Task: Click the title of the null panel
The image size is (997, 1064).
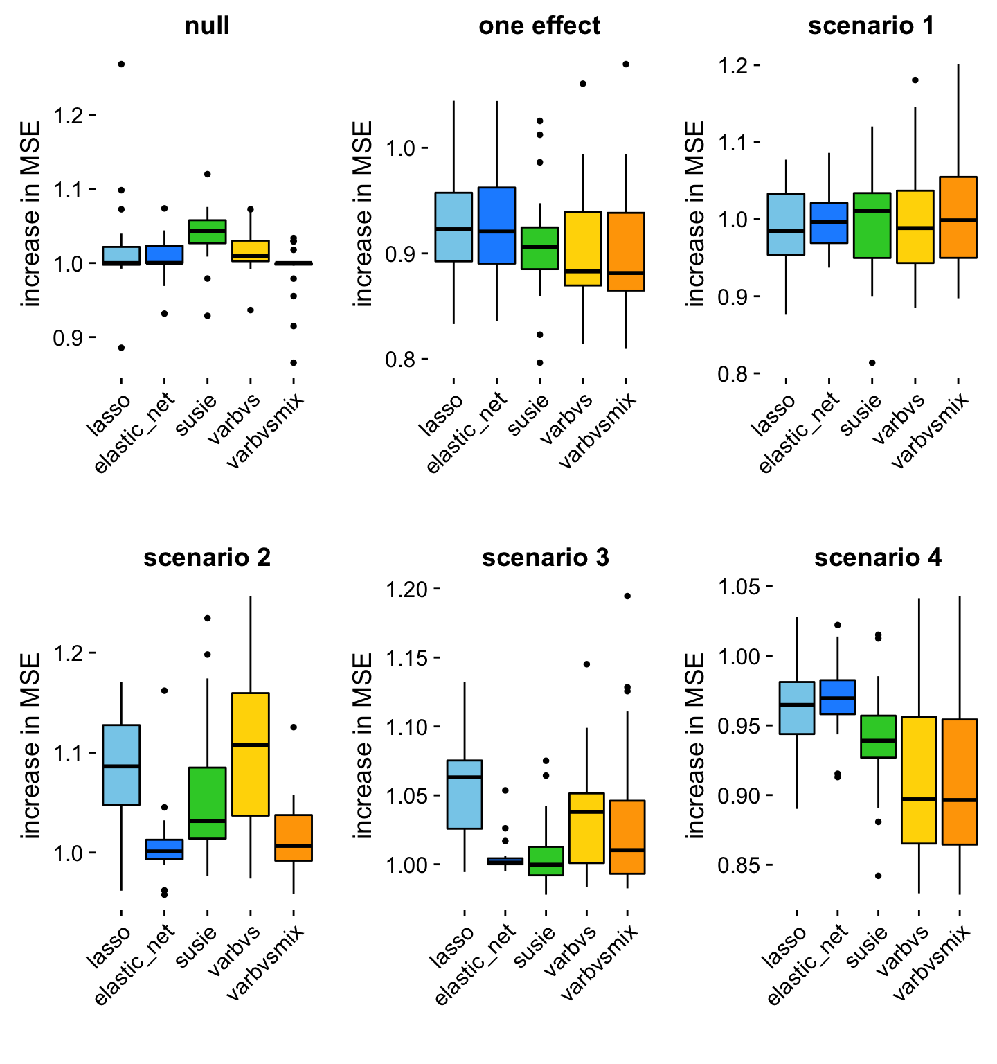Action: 207,26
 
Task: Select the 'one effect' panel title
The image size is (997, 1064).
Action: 539,26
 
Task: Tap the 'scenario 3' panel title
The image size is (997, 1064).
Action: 546,558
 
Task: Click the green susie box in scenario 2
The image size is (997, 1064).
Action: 208,803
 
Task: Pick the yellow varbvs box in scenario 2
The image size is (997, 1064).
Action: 251,754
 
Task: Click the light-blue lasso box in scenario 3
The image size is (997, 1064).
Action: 465,794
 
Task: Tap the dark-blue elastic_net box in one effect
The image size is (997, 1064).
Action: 496,225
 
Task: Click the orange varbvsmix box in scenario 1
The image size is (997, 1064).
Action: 958,217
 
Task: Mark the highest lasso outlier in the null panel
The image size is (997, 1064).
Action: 121,64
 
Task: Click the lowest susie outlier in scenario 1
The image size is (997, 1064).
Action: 872,362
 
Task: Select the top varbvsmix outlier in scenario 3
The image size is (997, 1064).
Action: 627,596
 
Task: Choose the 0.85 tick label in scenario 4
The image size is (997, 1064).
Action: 739,865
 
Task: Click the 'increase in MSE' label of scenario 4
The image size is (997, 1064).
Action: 696,745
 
